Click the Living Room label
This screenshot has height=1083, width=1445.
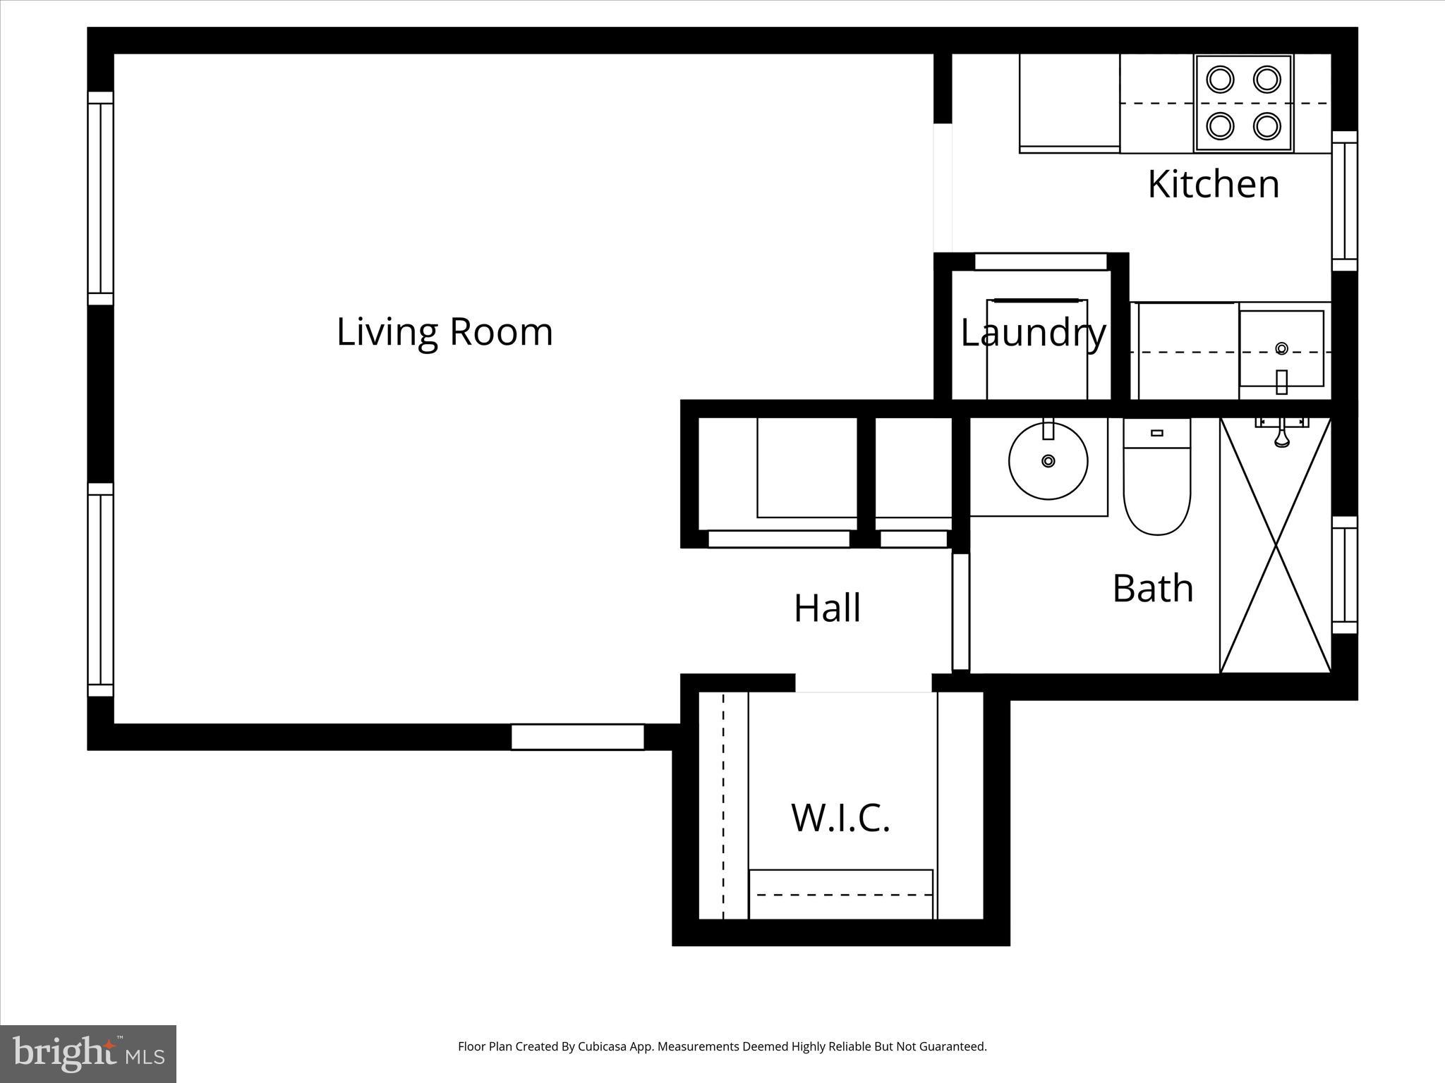pyautogui.click(x=445, y=332)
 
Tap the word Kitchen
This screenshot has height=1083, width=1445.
pyautogui.click(x=1213, y=184)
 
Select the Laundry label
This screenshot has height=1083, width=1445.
pyautogui.click(x=1032, y=333)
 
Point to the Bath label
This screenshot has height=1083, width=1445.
pyautogui.click(x=1152, y=588)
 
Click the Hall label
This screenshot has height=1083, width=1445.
pyautogui.click(x=827, y=608)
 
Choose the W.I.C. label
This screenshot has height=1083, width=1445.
pyautogui.click(x=840, y=818)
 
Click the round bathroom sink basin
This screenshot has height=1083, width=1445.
pyautogui.click(x=1048, y=461)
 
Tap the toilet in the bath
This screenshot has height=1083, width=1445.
pyautogui.click(x=1156, y=487)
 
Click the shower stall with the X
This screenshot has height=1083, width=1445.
pyautogui.click(x=1275, y=546)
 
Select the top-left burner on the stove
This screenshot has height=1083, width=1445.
pyautogui.click(x=1220, y=79)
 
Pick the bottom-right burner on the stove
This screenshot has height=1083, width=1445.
pyautogui.click(x=1266, y=126)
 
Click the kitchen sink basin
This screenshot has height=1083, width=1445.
pyautogui.click(x=1281, y=348)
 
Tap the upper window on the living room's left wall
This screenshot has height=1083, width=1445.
pyautogui.click(x=100, y=198)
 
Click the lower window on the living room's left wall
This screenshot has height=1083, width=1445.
pyautogui.click(x=100, y=589)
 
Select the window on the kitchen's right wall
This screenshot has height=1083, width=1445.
pyautogui.click(x=1345, y=201)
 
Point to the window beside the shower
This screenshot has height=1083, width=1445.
pyautogui.click(x=1345, y=575)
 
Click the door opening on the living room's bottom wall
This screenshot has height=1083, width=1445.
pyautogui.click(x=577, y=737)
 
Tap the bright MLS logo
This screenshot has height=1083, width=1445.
pyautogui.click(x=88, y=1054)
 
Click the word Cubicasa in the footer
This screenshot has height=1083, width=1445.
pyautogui.click(x=603, y=1046)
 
